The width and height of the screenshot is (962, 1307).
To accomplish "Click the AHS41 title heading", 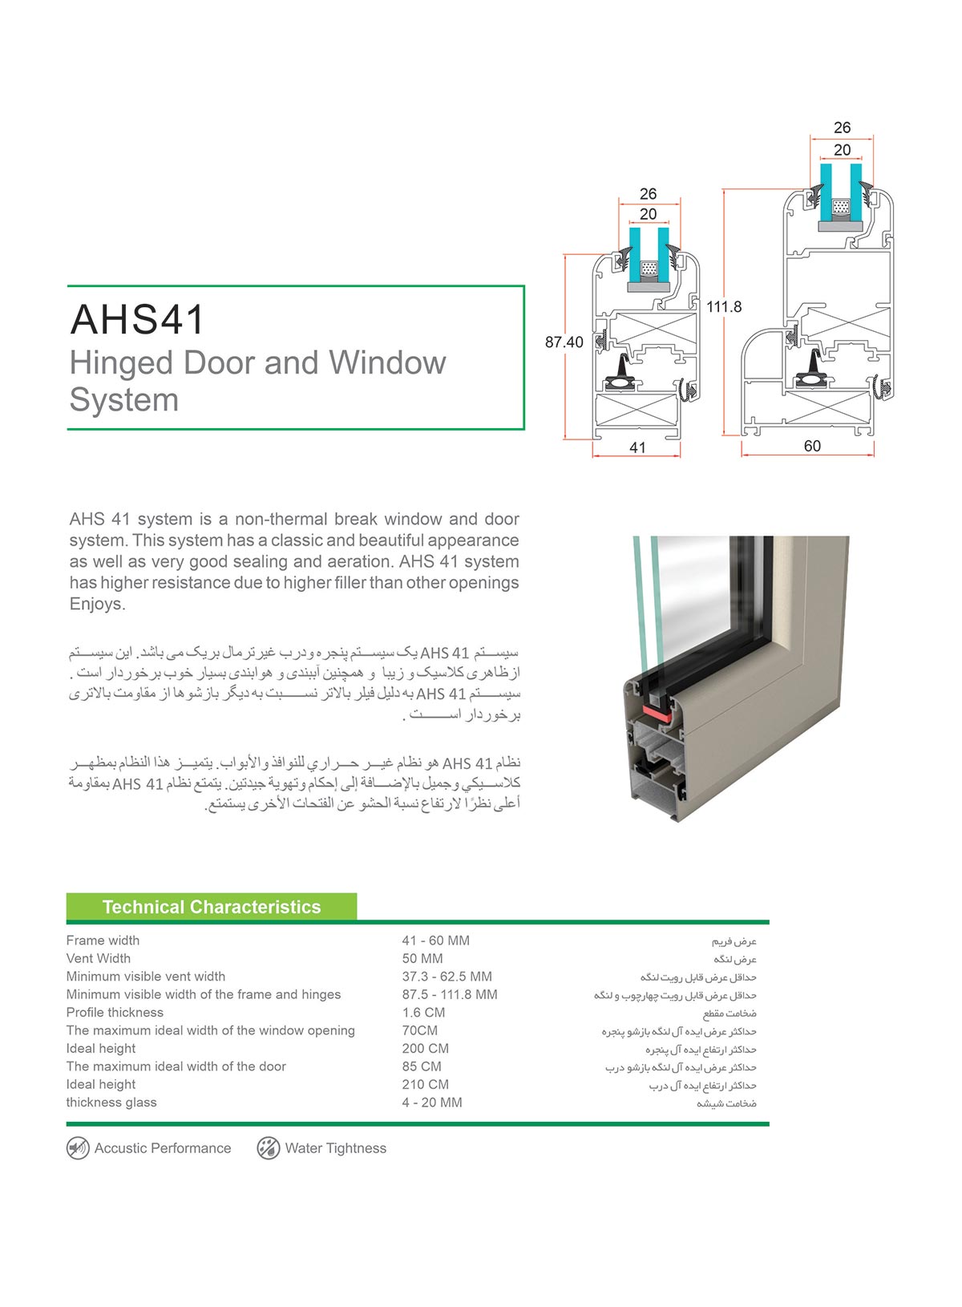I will point(138,319).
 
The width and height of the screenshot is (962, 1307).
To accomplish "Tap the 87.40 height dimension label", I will point(564,342).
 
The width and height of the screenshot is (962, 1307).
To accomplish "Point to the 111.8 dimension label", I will point(724,306).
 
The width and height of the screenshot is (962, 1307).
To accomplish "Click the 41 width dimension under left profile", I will point(637,447).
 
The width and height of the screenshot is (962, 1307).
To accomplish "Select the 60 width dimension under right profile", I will point(812,446).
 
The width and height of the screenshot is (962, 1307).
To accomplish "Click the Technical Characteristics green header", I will point(212,907).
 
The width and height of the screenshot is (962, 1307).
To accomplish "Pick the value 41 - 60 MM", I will point(436,941).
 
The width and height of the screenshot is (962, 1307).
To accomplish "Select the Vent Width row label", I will point(99,958).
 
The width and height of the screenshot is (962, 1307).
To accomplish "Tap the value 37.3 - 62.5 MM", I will point(447,977).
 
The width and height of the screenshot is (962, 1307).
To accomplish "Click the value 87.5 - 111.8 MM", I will point(450,994).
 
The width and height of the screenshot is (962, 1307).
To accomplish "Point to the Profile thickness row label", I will point(115,1013).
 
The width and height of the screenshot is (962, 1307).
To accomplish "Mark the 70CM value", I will point(420,1030).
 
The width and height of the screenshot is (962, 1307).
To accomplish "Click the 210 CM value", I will point(426,1084).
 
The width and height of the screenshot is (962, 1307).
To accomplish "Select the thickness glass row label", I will point(111,1103).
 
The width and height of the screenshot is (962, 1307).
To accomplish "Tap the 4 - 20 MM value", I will point(432,1103).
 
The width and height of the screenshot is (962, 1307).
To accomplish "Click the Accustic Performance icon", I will point(78,1148).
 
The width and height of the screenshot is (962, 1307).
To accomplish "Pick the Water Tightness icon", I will point(269,1148).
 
